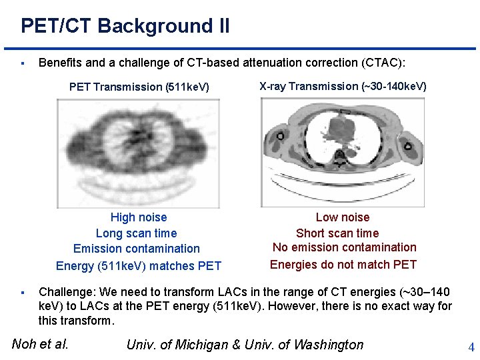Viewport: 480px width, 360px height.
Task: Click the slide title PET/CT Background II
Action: click(125, 27)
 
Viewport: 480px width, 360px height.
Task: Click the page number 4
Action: click(471, 347)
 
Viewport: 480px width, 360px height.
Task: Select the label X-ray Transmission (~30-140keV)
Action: click(343, 86)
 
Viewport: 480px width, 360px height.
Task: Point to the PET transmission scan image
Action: click(138, 153)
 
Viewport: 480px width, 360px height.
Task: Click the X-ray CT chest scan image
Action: click(343, 153)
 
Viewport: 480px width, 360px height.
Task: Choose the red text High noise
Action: click(139, 217)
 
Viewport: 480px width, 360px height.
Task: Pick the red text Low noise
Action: click(343, 217)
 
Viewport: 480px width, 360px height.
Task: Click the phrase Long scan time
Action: click(137, 233)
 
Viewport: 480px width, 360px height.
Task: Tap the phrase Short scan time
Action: click(337, 233)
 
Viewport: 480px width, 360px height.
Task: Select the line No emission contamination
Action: click(344, 247)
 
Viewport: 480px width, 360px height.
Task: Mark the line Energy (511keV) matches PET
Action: click(139, 266)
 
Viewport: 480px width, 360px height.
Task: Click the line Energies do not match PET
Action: click(343, 265)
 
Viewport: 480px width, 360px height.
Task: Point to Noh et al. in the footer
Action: click(41, 344)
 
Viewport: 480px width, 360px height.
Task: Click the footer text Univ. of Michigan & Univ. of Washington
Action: click(245, 345)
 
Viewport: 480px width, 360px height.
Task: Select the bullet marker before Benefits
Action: click(23, 63)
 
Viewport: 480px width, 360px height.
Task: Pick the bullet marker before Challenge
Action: click(23, 293)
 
